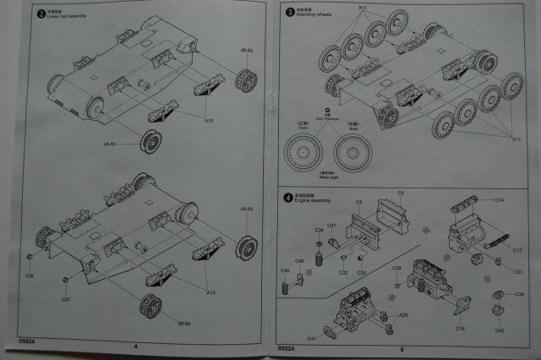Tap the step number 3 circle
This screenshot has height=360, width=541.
(289, 12)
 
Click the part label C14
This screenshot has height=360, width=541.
(499, 199)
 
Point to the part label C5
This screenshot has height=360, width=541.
(401, 194)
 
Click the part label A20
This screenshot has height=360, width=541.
(403, 314)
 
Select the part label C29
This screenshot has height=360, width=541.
(396, 268)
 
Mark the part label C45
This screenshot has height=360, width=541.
(285, 270)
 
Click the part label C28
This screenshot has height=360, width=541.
(30, 275)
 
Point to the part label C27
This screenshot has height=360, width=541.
(65, 299)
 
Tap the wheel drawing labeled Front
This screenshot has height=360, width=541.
(302, 153)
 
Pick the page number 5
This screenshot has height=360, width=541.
(402, 348)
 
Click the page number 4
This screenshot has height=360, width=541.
(135, 346)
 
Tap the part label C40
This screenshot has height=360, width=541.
(500, 330)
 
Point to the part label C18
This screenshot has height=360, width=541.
(461, 328)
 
